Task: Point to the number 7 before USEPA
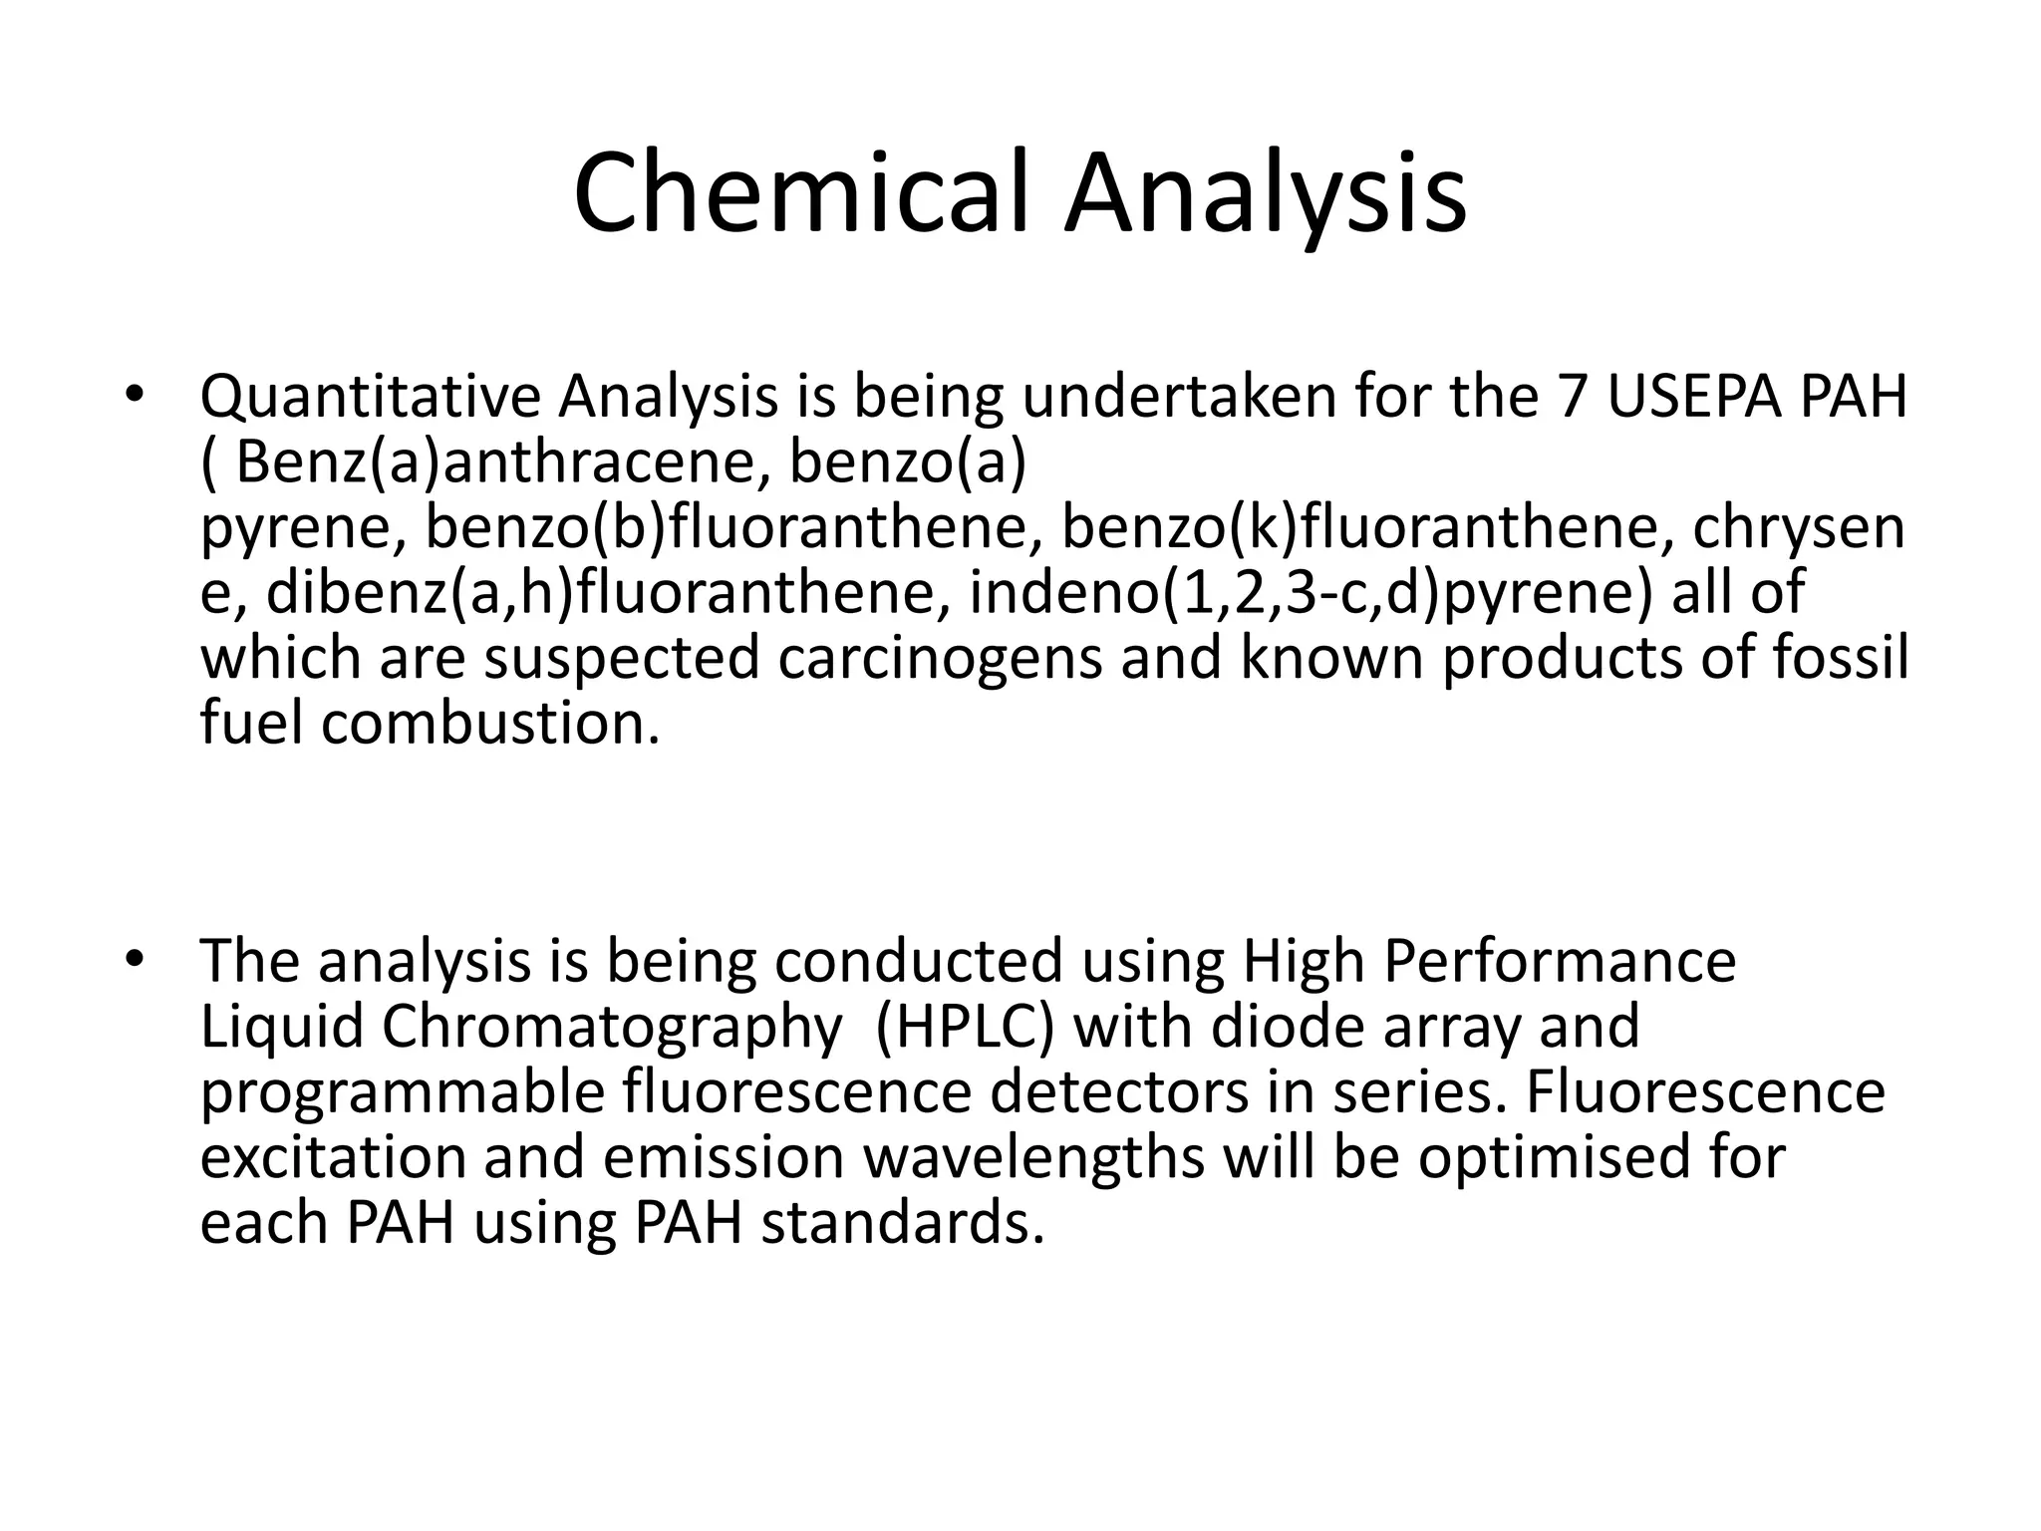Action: (x=1570, y=396)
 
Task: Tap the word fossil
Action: (x=1842, y=658)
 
